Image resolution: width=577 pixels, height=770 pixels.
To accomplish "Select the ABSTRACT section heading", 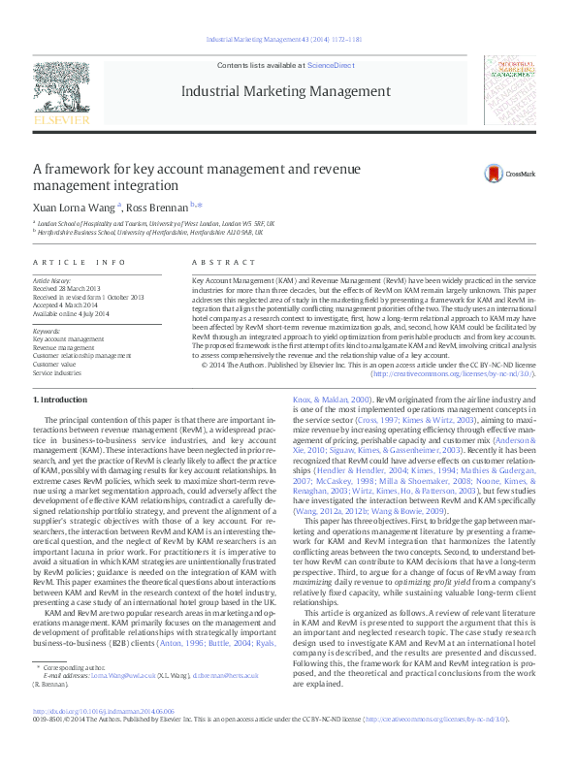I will pos(210,262).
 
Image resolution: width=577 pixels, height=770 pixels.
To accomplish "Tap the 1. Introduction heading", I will pos(61,400).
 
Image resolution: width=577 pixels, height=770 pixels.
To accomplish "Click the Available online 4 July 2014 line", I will pos(75,313).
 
